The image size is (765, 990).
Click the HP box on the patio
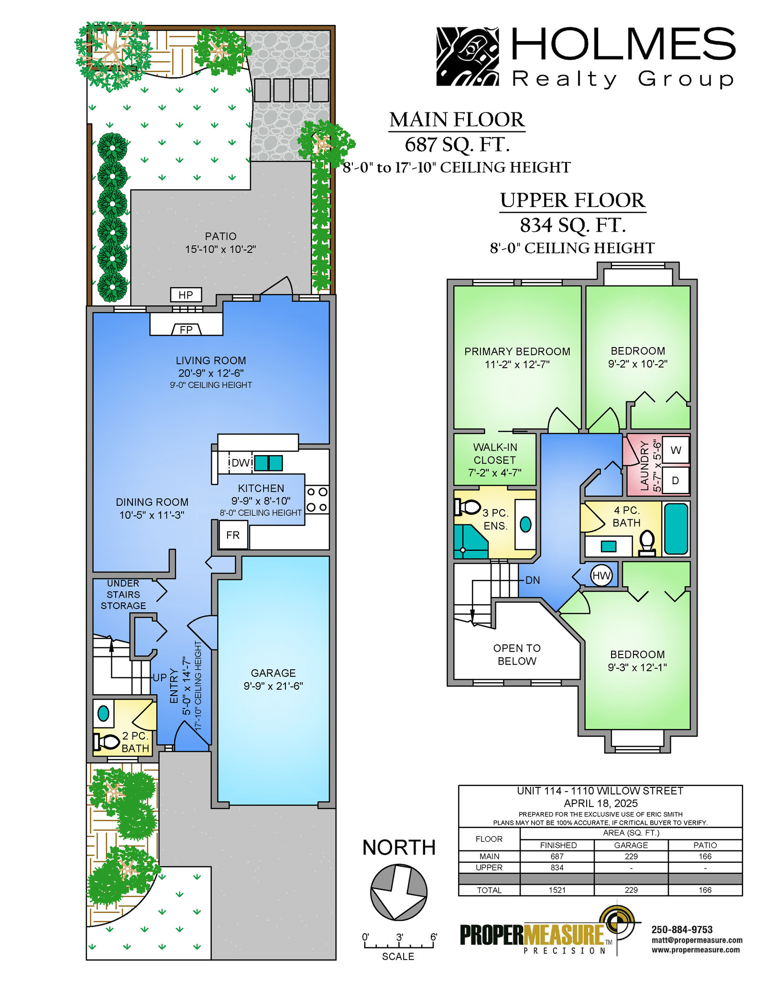pos(186,295)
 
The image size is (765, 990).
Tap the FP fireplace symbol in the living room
pos(186,329)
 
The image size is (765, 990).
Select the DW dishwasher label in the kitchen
pos(240,463)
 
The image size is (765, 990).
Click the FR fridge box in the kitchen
pos(233,535)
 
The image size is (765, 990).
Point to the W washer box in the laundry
pos(676,450)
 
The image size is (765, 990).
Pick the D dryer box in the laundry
pos(676,480)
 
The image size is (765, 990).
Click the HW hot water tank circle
pos(601,576)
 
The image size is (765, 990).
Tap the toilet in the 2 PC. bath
pos(107,742)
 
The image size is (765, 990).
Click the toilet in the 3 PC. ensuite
pos(467,507)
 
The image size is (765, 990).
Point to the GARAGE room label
pos(273,673)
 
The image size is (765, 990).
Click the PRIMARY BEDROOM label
pos(517,351)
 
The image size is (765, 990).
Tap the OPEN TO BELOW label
pos(517,654)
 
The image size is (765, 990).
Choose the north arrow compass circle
pos(399,892)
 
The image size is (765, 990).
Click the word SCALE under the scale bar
pos(398,957)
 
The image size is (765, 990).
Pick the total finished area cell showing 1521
pos(557,890)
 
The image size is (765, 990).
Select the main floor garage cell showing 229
pos(631,856)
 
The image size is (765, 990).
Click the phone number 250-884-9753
pos(682,930)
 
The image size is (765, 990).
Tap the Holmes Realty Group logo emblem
pos(468,56)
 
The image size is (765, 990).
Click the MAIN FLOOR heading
pos(457,120)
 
